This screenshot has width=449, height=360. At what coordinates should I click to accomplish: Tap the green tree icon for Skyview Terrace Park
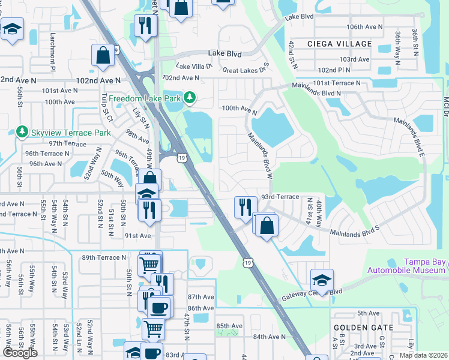coord(22,131)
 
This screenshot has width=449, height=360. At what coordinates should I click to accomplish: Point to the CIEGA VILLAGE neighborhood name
coord(339,44)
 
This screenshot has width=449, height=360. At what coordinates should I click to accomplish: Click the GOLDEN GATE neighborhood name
coord(364,328)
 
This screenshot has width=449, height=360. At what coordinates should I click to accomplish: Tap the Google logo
coord(19,353)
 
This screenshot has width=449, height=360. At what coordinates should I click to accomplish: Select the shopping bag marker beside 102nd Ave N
coord(103,55)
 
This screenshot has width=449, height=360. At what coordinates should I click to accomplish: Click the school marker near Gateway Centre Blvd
coord(322,280)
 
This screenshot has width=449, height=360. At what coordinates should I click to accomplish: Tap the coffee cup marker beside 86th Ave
coord(159,308)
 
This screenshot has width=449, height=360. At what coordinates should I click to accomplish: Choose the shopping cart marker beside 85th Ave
coord(154,328)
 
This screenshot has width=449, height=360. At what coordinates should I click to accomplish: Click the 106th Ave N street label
coord(364,27)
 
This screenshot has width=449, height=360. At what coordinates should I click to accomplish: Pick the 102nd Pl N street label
coord(355,70)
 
